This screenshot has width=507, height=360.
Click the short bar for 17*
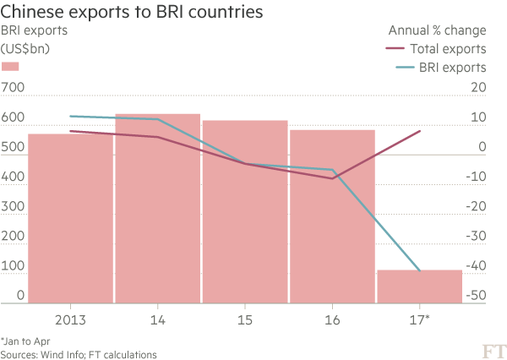pyautogui.click(x=419, y=286)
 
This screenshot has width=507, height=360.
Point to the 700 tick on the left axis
pyautogui.click(x=14, y=87)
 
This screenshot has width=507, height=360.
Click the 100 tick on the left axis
pyautogui.click(x=14, y=266)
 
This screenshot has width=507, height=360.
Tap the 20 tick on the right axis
pyautogui.click(x=477, y=87)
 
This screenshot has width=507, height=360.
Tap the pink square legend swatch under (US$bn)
pyautogui.click(x=11, y=67)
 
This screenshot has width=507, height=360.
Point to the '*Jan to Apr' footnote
pyautogui.click(x=26, y=340)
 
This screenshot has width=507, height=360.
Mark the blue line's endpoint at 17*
pyautogui.click(x=420, y=271)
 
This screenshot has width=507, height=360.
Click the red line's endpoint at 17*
pyautogui.click(x=420, y=131)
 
